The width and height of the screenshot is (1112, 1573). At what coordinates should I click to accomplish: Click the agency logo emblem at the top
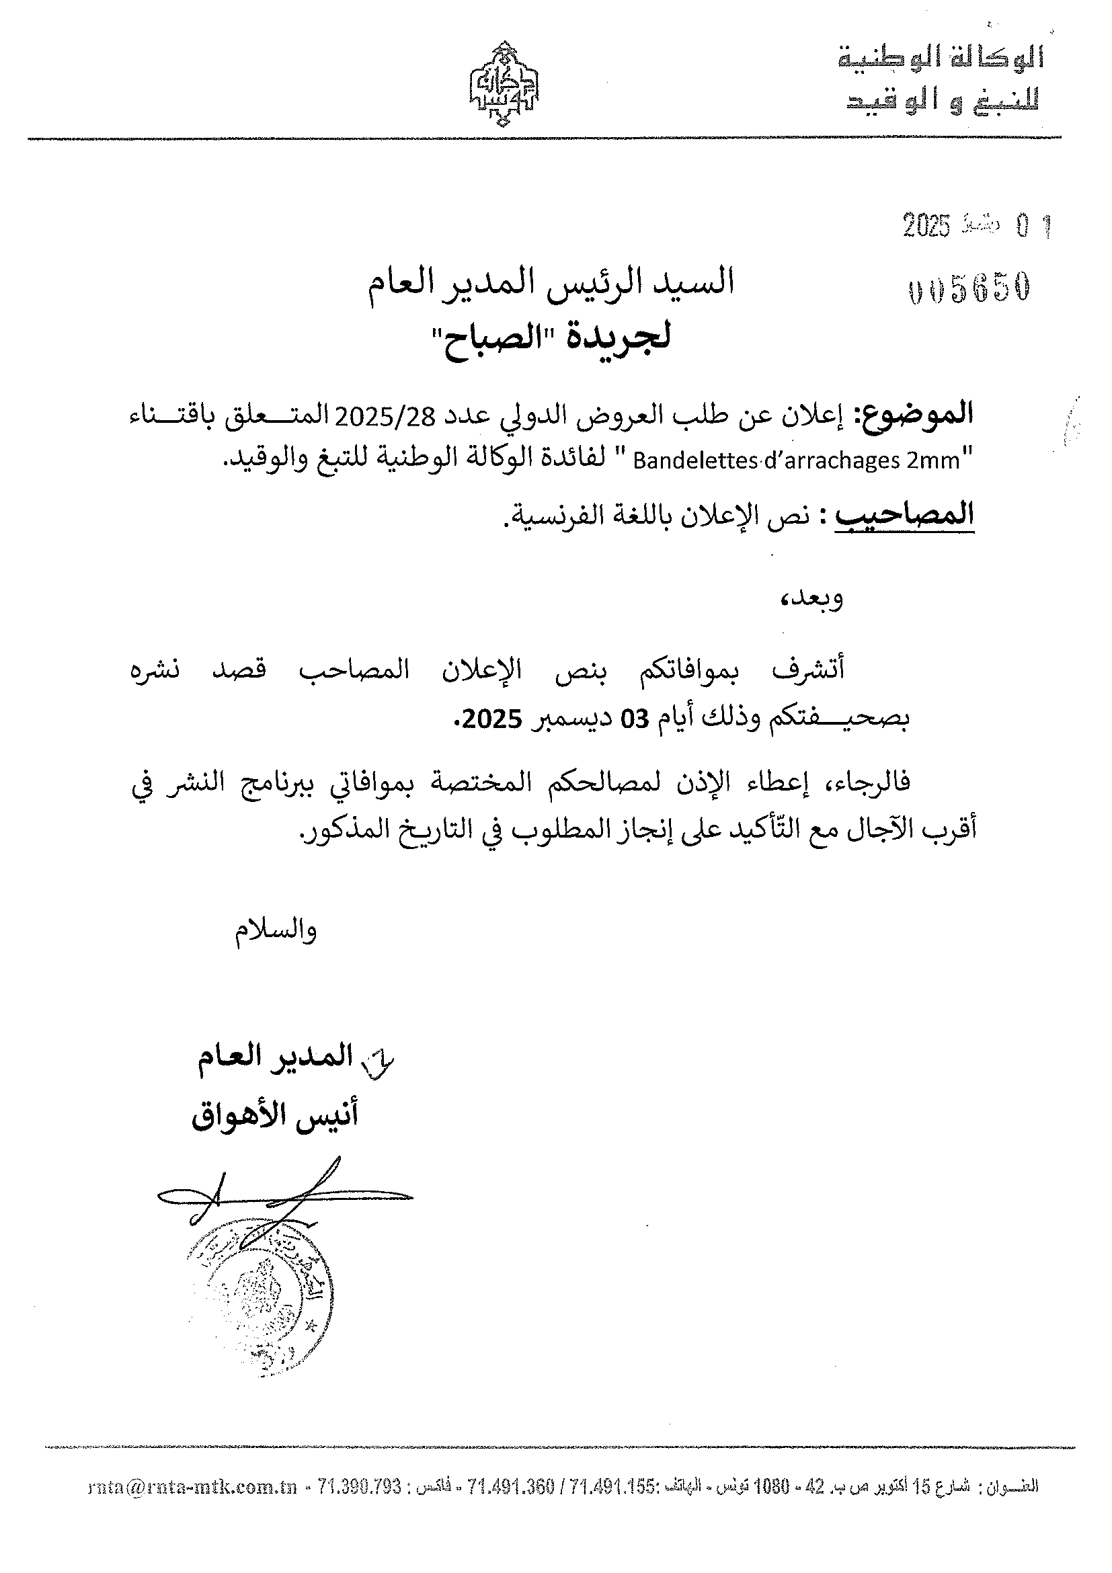point(504,85)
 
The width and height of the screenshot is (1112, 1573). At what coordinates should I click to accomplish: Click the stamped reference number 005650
point(969,290)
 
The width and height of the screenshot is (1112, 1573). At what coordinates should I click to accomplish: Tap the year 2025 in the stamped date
point(926,225)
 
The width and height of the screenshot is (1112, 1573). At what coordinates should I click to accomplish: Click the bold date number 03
point(635,719)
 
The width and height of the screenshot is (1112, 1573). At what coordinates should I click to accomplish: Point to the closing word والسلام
point(276,930)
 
